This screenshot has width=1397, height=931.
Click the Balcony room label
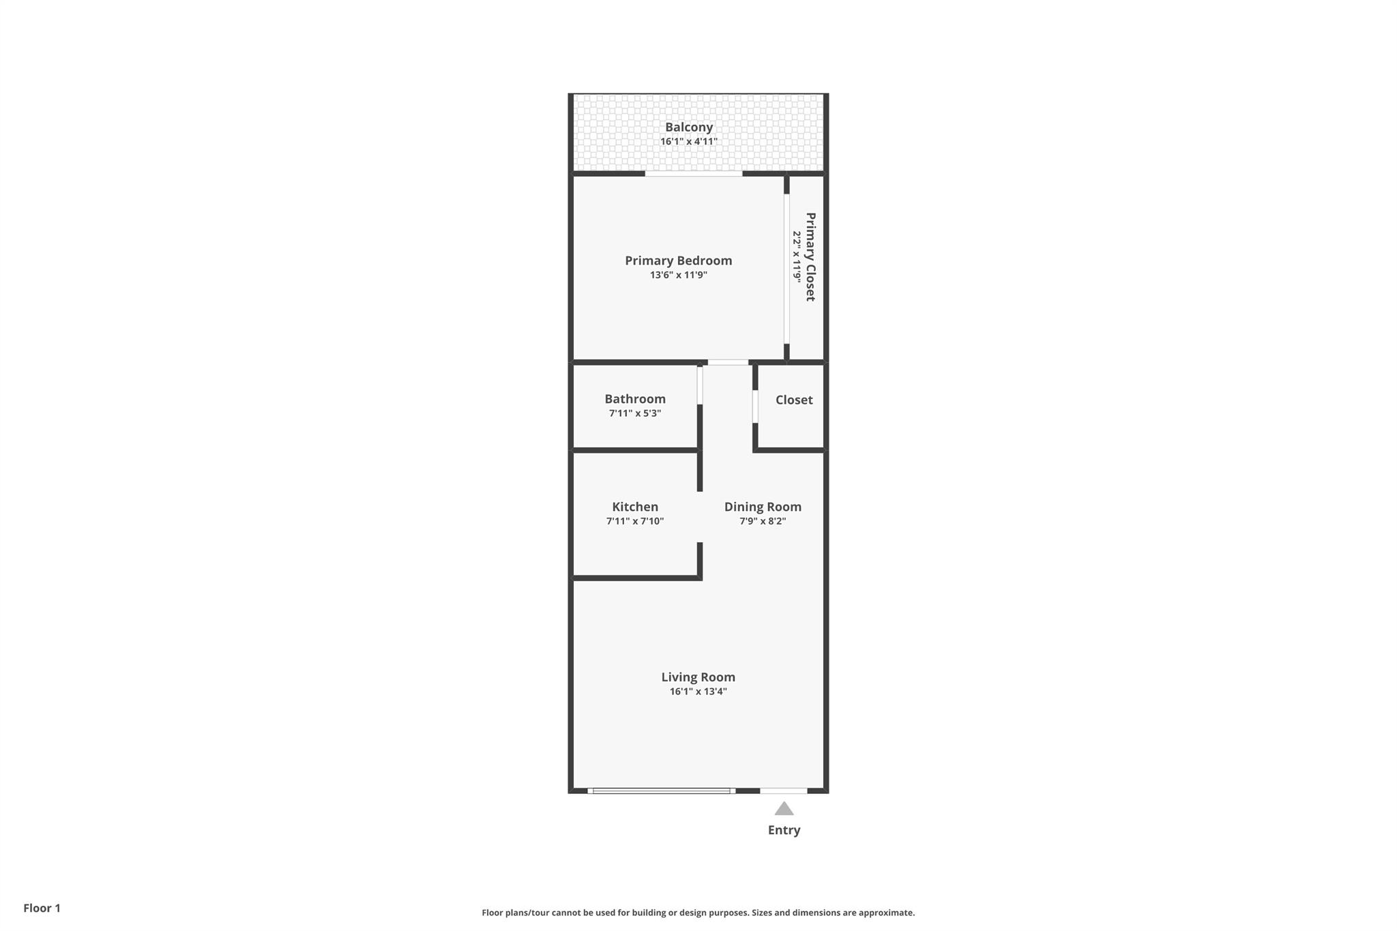click(x=689, y=127)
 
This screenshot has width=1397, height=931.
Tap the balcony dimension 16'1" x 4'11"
click(x=689, y=142)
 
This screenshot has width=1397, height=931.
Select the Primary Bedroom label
click(x=678, y=261)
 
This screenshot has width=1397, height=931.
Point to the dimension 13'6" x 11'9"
click(x=678, y=275)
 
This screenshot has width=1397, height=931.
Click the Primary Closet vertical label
click(x=810, y=256)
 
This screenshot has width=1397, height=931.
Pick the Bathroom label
click(x=634, y=399)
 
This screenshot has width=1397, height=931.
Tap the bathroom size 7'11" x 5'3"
click(x=634, y=413)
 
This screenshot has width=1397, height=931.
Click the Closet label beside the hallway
click(x=793, y=400)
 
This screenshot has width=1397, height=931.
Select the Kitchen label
click(x=634, y=507)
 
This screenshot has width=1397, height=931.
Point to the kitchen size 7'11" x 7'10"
click(x=634, y=521)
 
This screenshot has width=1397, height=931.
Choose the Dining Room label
click(x=762, y=507)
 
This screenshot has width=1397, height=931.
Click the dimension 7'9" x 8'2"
click(x=762, y=521)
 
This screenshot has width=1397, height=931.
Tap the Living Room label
click(x=698, y=677)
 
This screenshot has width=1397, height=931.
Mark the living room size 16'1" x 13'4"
click(x=698, y=692)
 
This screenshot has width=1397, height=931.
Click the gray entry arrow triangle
click(x=784, y=809)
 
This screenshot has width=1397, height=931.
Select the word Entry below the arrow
click(x=784, y=830)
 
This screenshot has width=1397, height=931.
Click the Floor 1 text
click(x=42, y=908)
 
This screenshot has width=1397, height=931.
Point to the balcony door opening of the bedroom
click(x=694, y=174)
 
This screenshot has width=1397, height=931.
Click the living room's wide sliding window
click(x=661, y=791)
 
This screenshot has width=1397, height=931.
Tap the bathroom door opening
click(x=700, y=385)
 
